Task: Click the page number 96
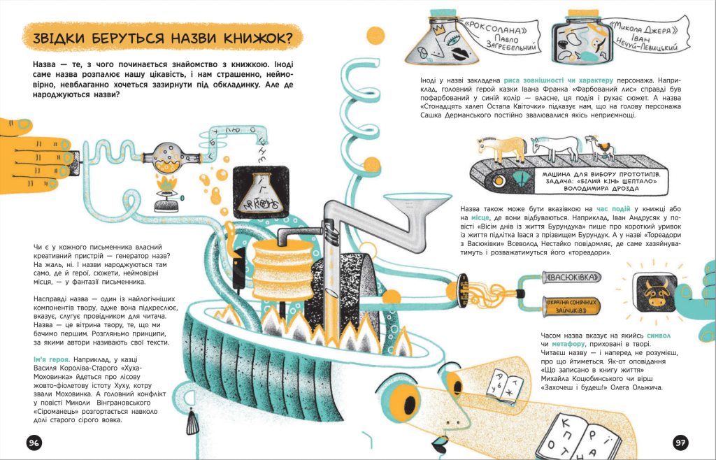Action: pyautogui.click(x=34, y=443)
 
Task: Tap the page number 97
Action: pyautogui.click(x=680, y=443)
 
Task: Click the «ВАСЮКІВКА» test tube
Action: pyautogui.click(x=571, y=278)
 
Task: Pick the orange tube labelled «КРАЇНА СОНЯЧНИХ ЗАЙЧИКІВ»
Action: pyautogui.click(x=570, y=306)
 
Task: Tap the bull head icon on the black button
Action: pyautogui.click(x=656, y=292)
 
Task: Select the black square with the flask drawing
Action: pyautogui.click(x=262, y=192)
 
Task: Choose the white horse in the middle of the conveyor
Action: pyautogui.click(x=554, y=147)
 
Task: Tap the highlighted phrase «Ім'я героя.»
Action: pyautogui.click(x=52, y=359)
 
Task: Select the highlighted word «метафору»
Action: pyautogui.click(x=568, y=344)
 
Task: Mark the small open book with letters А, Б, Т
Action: pyautogui.click(x=508, y=386)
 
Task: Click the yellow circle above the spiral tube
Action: pyautogui.click(x=375, y=36)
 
